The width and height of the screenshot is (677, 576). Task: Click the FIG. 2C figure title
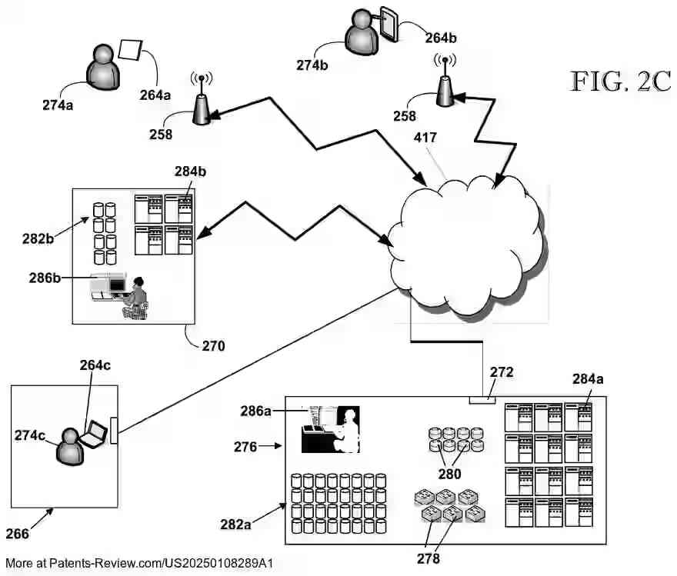point(620,81)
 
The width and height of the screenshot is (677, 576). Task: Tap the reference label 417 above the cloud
point(425,138)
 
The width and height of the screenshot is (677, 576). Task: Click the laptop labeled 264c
point(95,434)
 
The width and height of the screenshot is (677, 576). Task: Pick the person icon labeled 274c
point(70,447)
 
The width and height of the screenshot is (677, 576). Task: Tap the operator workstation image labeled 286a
point(330,429)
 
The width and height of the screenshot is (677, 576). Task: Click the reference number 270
point(213,346)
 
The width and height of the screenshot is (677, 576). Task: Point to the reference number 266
point(25,534)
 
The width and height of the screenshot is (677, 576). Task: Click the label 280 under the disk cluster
point(449,474)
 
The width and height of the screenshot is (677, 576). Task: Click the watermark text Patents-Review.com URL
point(138,564)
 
